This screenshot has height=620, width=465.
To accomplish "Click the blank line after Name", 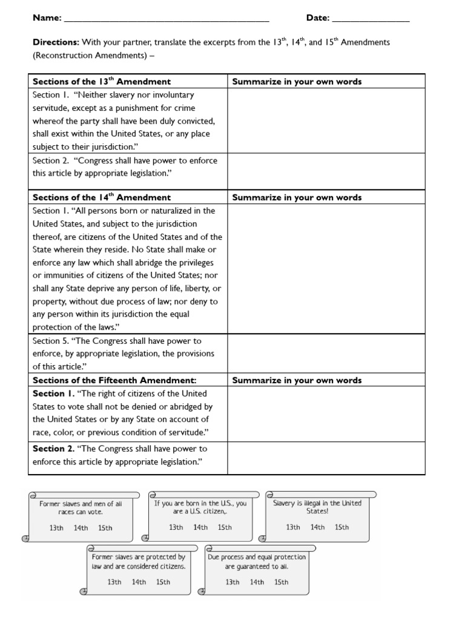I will (166, 19).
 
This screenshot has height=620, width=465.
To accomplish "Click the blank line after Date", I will (371, 19).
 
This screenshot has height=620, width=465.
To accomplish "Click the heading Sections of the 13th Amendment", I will (101, 81).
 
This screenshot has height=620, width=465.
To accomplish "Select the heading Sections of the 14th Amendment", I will (101, 197).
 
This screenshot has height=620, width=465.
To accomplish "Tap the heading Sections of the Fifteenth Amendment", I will (114, 380).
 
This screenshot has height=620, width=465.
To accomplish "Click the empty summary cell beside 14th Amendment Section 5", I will (326, 354).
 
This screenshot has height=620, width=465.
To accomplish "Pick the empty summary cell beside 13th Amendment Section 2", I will (326, 172).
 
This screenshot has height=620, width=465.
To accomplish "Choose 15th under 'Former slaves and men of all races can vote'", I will (105, 528).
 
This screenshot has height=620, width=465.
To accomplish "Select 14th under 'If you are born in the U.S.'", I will (200, 527).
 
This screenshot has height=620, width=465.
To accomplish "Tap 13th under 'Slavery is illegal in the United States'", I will (293, 527).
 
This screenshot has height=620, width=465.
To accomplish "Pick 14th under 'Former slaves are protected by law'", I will (139, 582).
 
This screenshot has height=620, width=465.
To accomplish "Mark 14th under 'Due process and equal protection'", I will (257, 582).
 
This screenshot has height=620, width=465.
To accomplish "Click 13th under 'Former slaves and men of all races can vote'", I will (56, 528).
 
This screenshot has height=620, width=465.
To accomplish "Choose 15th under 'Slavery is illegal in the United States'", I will (342, 527).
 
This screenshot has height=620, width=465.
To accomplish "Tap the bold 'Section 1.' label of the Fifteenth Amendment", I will (53, 394).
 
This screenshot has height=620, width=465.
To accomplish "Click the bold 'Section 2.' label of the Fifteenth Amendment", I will (53, 449).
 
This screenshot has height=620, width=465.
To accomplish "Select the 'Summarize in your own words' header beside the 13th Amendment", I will (297, 81).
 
